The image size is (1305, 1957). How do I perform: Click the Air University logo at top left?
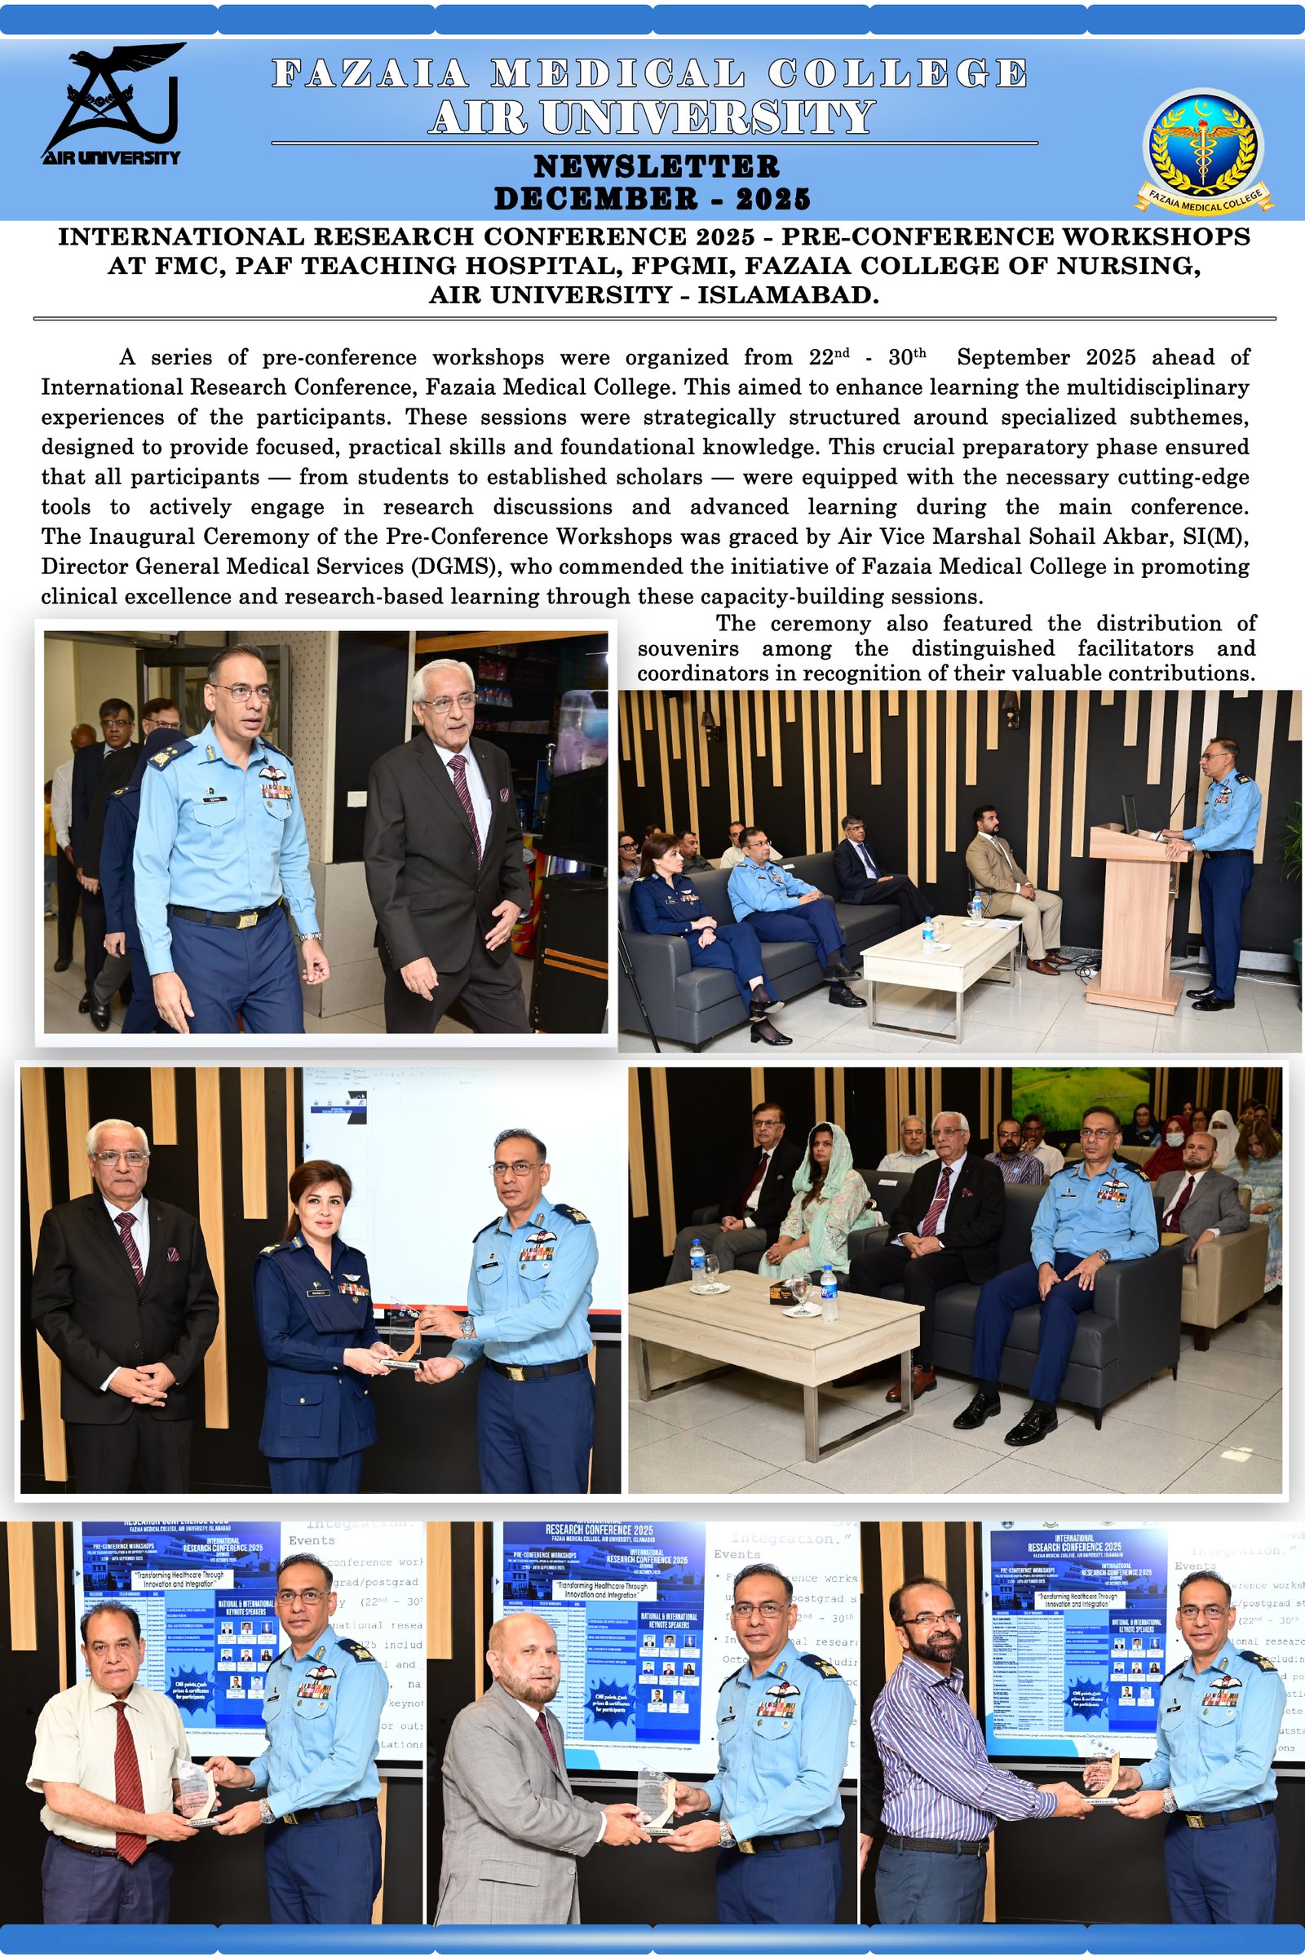(111, 104)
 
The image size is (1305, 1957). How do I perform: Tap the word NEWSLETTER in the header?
(656, 166)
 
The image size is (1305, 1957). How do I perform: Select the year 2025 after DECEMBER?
(772, 199)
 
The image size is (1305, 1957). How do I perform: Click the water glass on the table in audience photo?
(801, 1294)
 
